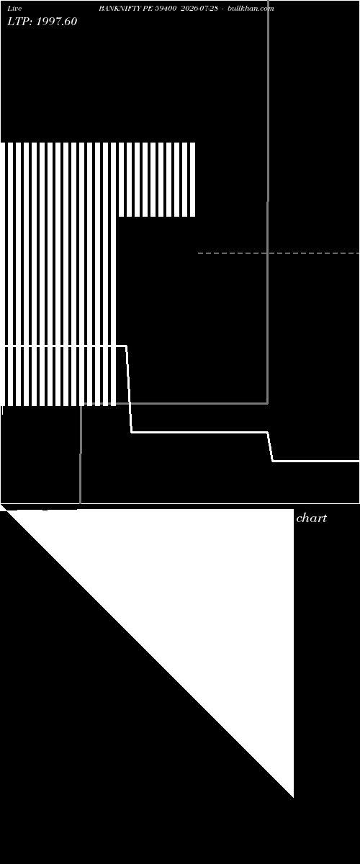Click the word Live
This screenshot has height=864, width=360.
[14, 9]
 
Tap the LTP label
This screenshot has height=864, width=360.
[19, 22]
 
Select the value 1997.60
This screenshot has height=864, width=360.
[56, 22]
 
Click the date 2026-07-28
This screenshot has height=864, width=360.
[199, 9]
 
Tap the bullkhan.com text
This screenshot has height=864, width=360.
[251, 9]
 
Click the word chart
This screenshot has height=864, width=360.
[311, 518]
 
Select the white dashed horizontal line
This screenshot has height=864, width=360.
[279, 253]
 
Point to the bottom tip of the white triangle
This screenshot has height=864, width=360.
[293, 797]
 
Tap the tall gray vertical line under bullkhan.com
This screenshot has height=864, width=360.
[268, 202]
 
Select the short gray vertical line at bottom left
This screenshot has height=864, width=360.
[80, 454]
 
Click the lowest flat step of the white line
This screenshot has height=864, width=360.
[316, 461]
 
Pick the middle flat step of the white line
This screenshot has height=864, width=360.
[199, 433]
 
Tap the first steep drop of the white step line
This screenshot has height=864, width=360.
[130, 390]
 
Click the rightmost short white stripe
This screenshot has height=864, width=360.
[193, 180]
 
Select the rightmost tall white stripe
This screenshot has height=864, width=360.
[114, 274]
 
